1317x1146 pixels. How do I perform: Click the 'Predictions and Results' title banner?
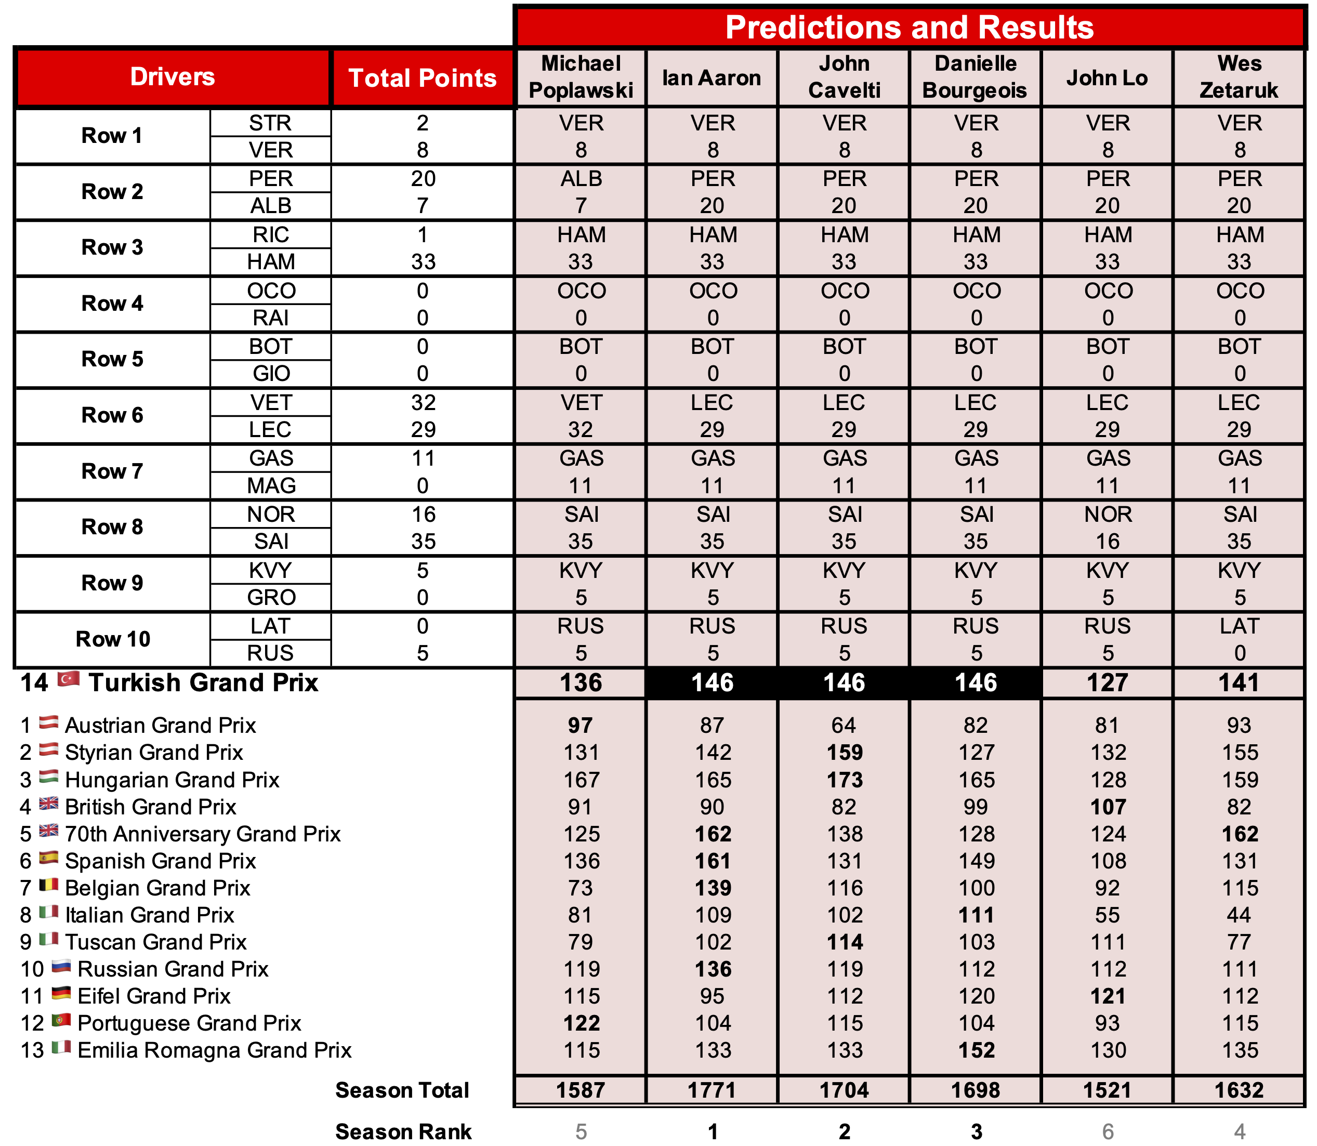pyautogui.click(x=909, y=28)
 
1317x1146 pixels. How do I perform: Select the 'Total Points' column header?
pyautogui.click(x=422, y=78)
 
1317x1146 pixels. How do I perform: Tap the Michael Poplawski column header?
pyautogui.click(x=581, y=77)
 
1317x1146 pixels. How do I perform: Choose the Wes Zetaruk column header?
pyautogui.click(x=1239, y=77)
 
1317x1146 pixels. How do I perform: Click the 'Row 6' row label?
pyautogui.click(x=113, y=416)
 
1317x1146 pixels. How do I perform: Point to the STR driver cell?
pyautogui.click(x=271, y=123)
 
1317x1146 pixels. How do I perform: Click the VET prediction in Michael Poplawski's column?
pyautogui.click(x=581, y=403)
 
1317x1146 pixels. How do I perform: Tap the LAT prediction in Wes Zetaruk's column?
pyautogui.click(x=1239, y=626)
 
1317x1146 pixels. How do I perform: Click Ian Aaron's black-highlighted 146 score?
pyautogui.click(x=713, y=683)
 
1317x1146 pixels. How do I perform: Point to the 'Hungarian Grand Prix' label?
pyautogui.click(x=172, y=780)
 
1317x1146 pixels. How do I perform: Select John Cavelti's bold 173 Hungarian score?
pyautogui.click(x=845, y=780)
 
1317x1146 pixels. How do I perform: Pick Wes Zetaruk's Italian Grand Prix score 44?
pyautogui.click(x=1239, y=915)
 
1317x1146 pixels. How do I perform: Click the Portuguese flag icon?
pyautogui.click(x=61, y=1021)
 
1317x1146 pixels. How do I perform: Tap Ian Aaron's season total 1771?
pyautogui.click(x=713, y=1090)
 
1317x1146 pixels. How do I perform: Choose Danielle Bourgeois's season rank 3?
pyautogui.click(x=976, y=1131)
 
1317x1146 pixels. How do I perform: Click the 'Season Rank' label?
pyautogui.click(x=403, y=1131)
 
